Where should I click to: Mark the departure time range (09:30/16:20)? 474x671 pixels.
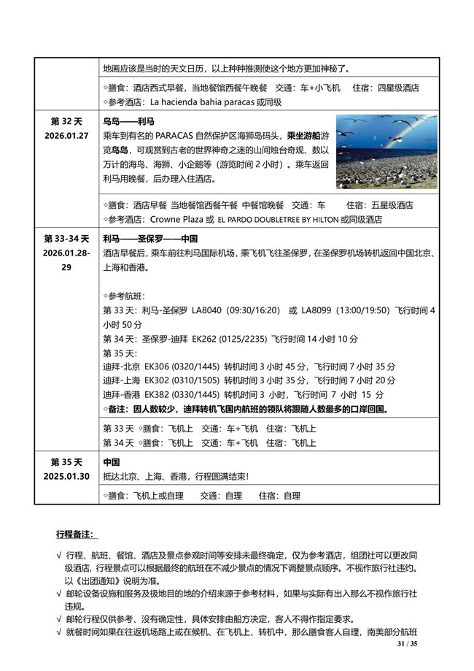coord(254,310)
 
